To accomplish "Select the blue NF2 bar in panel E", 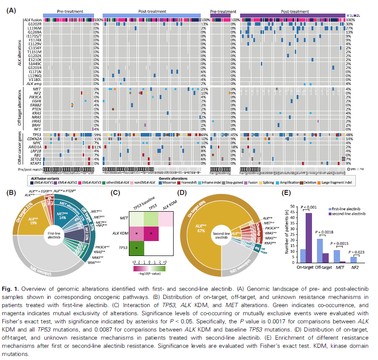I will pos(352,260).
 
